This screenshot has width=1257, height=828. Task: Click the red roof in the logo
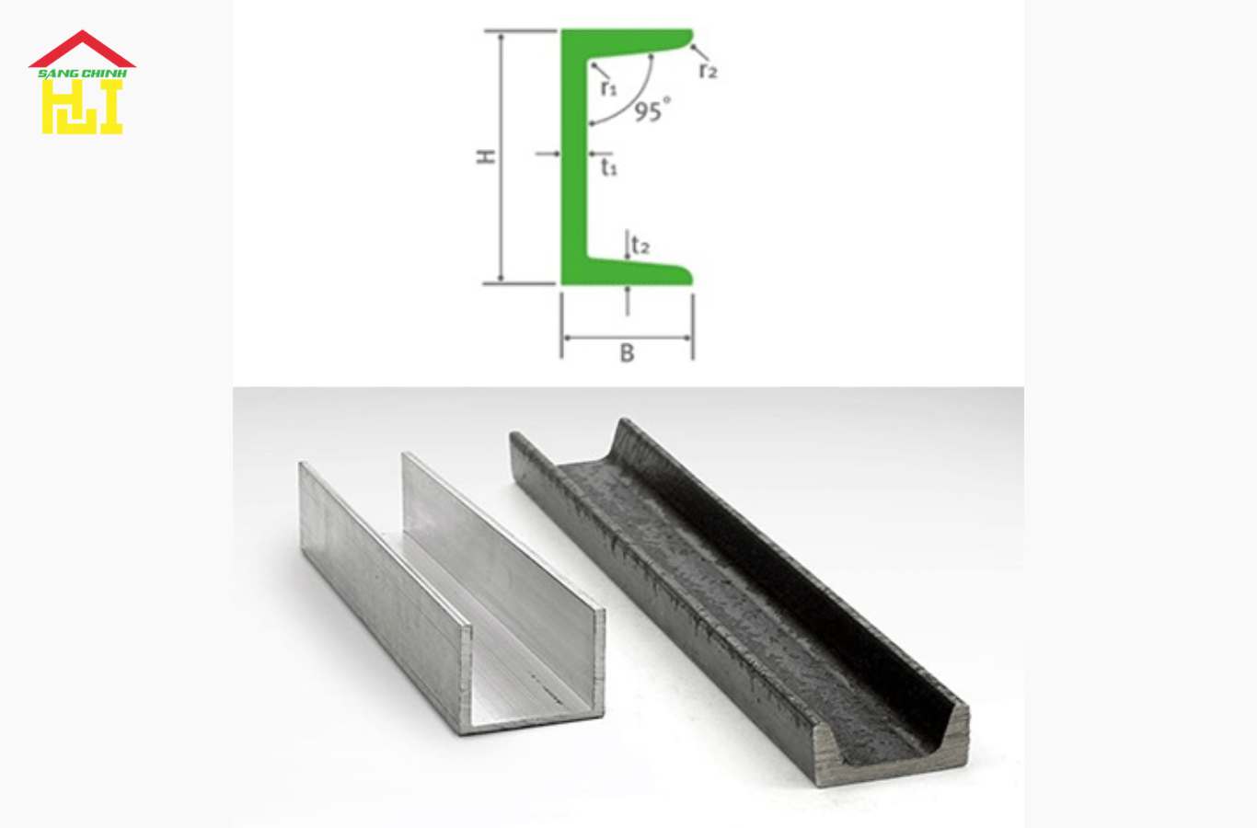[82, 50]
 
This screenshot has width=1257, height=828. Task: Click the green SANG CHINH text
[82, 74]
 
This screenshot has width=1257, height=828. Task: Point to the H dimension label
[486, 156]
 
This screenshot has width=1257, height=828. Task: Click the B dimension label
[627, 353]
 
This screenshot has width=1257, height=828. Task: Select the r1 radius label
[608, 88]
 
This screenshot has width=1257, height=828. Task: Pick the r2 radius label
[709, 71]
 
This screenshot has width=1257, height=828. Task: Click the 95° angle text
[652, 110]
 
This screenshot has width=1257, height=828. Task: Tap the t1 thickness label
[609, 167]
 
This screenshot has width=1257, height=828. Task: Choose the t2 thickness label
[640, 245]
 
